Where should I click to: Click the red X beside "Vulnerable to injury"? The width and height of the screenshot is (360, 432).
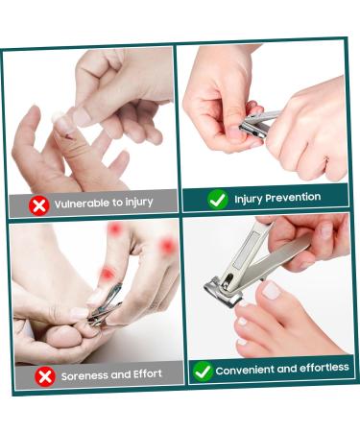pyautogui.click(x=39, y=205)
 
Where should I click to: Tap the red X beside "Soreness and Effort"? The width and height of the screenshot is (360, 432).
pyautogui.click(x=45, y=376)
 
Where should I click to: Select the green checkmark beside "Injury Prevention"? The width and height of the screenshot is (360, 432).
pyautogui.click(x=218, y=200)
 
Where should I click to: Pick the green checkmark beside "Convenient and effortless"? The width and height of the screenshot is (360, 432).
pyautogui.click(x=203, y=372)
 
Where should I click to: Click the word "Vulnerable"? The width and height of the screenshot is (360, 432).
pyautogui.click(x=82, y=204)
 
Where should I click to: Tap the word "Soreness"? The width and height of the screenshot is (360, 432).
pyautogui.click(x=84, y=376)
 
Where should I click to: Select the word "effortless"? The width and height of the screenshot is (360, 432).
pyautogui.click(x=324, y=368)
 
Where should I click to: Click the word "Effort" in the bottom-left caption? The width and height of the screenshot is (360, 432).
pyautogui.click(x=148, y=373)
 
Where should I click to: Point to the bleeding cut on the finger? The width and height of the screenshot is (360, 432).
pyautogui.click(x=69, y=137)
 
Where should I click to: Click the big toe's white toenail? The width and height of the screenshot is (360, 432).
pyautogui.click(x=271, y=291)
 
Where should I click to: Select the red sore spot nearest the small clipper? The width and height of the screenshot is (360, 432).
pyautogui.click(x=108, y=274)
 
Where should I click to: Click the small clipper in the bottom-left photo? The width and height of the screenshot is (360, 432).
pyautogui.click(x=105, y=306)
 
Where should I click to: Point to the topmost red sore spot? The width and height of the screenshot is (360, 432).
pyautogui.click(x=114, y=229)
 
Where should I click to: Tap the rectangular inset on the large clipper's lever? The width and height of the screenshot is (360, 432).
pyautogui.click(x=246, y=250)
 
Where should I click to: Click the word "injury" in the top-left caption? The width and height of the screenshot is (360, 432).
pyautogui.click(x=139, y=203)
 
